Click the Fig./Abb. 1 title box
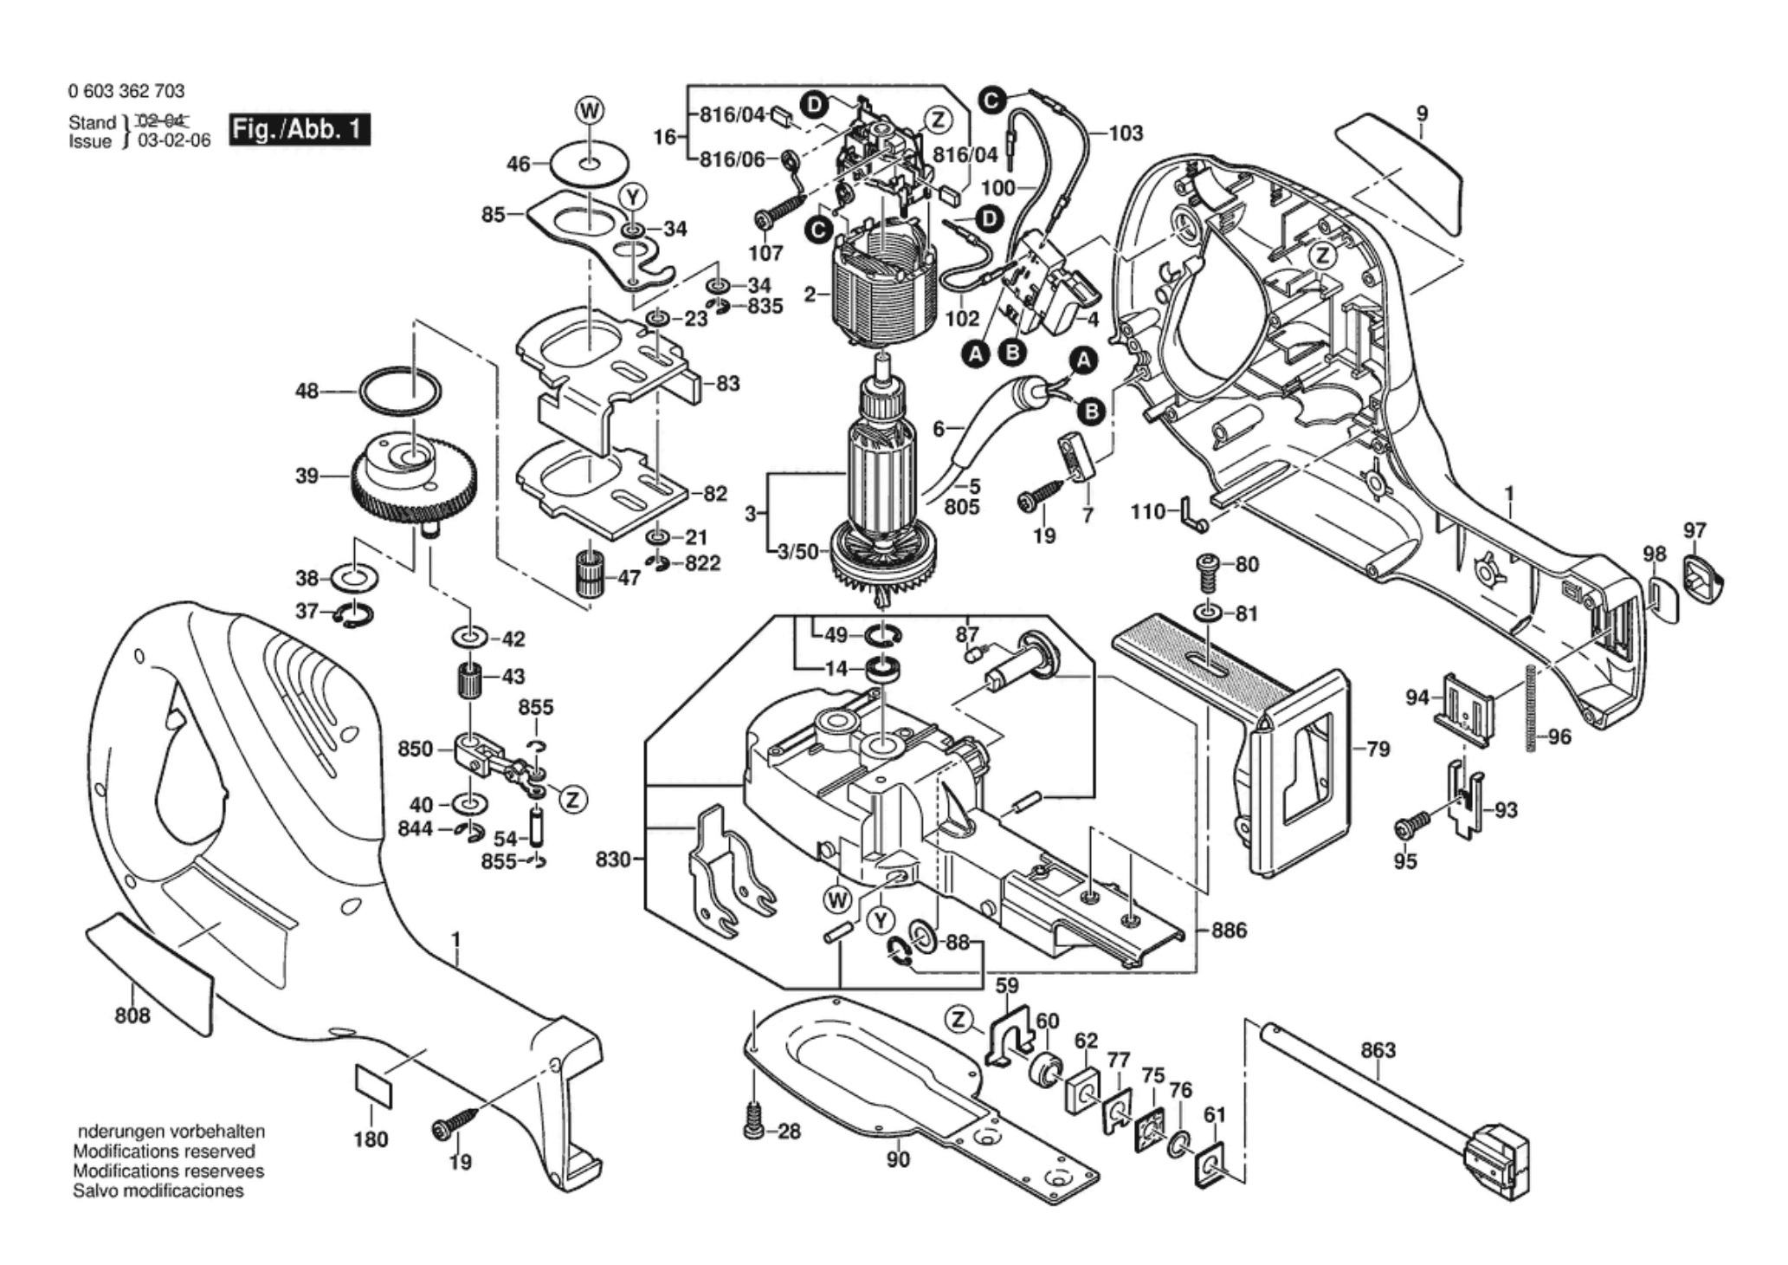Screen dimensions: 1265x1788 300,130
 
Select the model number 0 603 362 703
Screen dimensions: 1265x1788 126,91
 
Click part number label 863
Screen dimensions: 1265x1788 1378,1050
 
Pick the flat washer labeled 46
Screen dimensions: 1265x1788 589,164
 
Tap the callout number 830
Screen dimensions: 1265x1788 612,860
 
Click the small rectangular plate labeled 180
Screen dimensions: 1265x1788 373,1087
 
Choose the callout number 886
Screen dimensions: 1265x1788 1229,931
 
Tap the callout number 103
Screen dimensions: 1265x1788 1126,133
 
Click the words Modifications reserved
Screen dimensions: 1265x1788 164,1151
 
